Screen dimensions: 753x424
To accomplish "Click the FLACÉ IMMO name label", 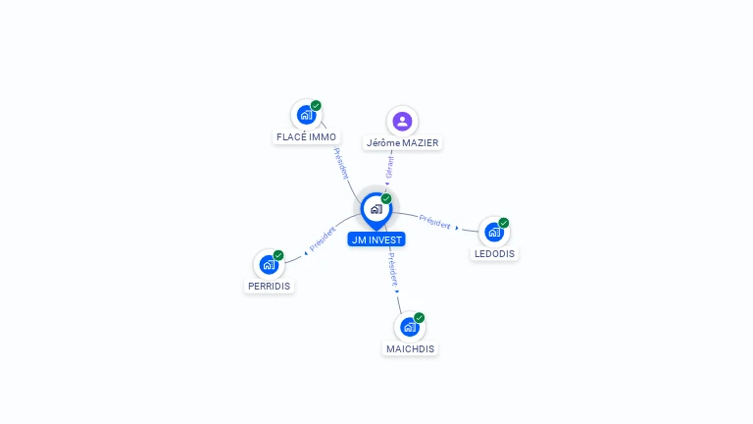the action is (306, 137).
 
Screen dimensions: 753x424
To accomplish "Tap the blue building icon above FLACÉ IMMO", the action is (306, 115).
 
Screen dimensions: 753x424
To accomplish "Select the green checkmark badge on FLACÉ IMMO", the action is (316, 105).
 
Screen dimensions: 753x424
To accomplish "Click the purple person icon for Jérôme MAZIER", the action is (402, 121).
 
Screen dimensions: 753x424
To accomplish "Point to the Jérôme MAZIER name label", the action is (402, 142).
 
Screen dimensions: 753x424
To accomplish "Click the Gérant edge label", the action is (389, 167).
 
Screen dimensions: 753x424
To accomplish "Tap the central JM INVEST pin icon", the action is (376, 211).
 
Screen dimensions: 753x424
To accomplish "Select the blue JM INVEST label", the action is (376, 239).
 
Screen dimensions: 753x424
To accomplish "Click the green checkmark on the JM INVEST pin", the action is (386, 198).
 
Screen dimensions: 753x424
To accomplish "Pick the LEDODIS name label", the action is (494, 254).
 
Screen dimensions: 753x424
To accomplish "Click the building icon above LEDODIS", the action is (494, 233).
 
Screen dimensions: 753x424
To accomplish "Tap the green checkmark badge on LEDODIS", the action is (503, 223).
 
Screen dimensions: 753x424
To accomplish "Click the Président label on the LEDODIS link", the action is (434, 222).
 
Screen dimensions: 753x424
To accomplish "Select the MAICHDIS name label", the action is (410, 349).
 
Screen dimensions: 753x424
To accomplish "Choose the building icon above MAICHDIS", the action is (410, 327).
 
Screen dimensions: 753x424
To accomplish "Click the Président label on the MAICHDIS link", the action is (393, 270).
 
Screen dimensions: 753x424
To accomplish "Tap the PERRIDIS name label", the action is (269, 286).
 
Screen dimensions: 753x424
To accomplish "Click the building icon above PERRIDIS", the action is (269, 264).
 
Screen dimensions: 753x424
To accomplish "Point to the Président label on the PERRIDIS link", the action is (323, 238).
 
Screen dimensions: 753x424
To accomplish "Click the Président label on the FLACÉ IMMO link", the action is (340, 164).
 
